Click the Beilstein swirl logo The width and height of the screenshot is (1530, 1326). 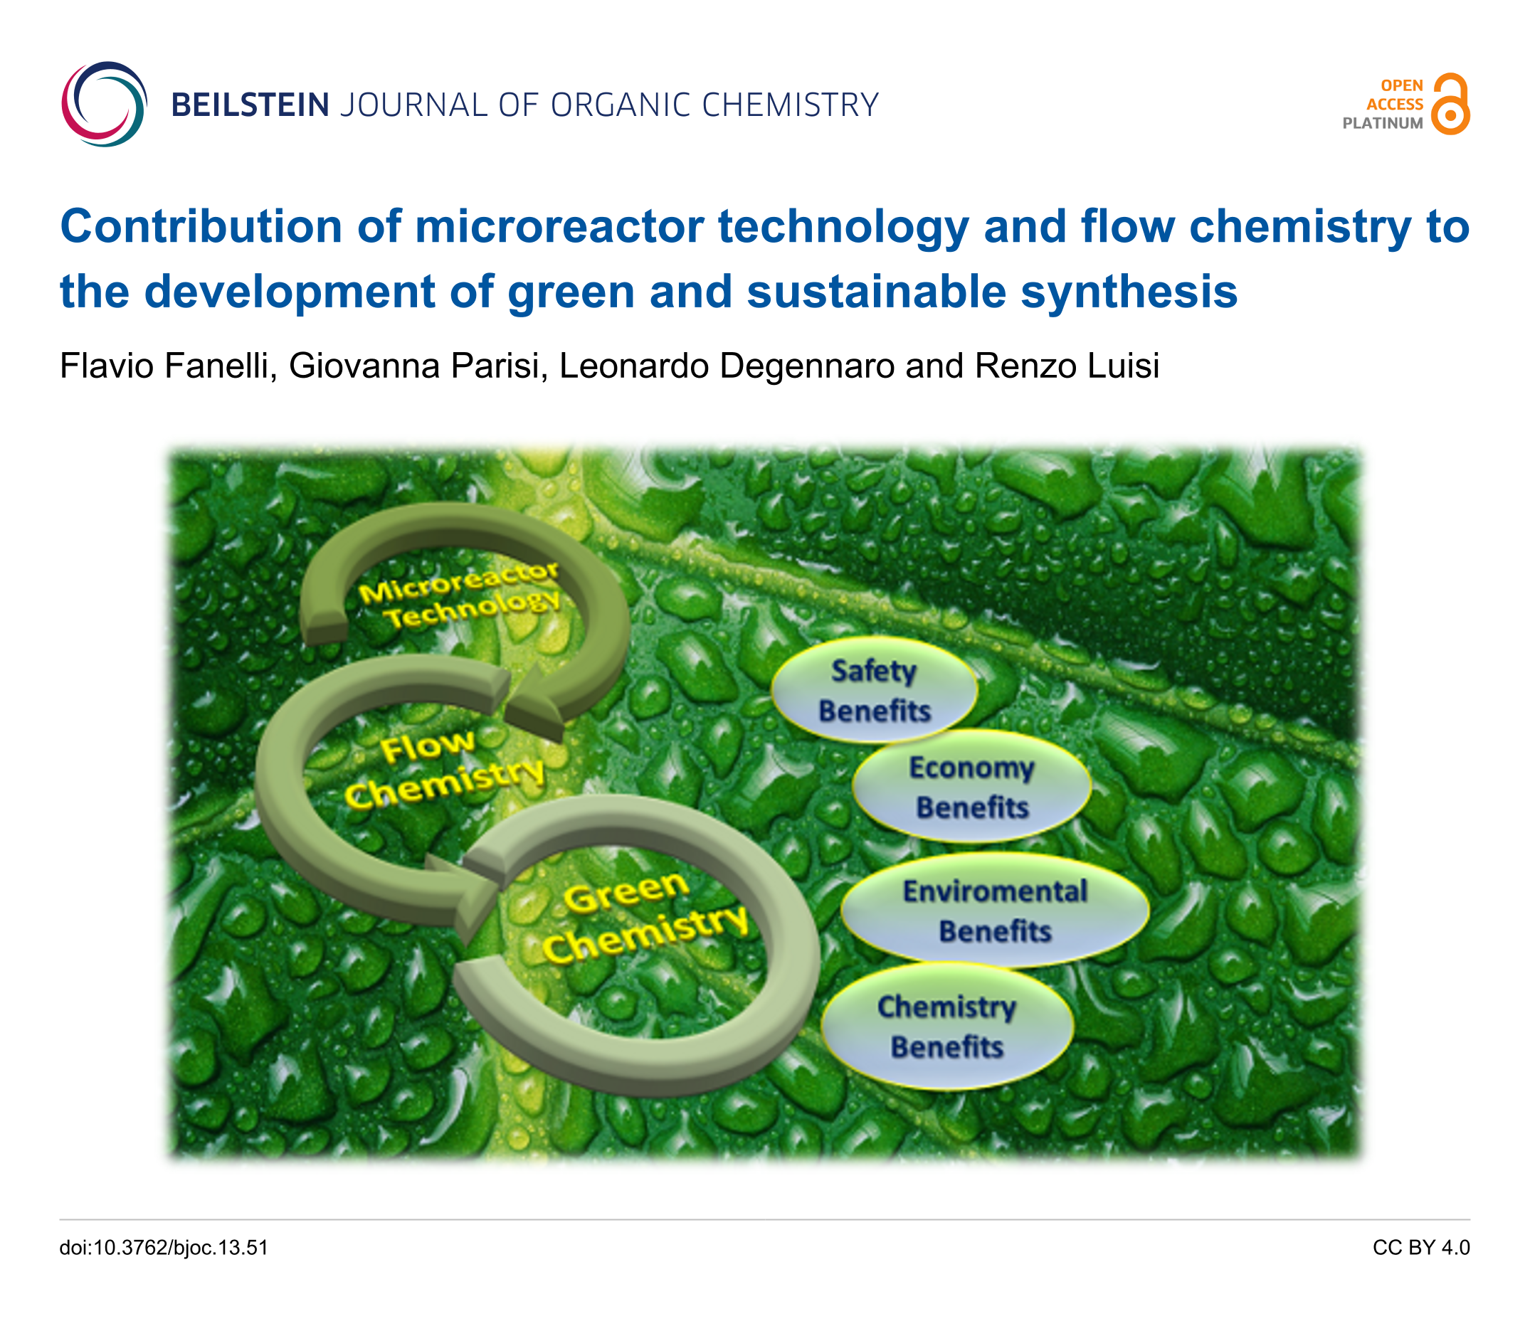point(105,105)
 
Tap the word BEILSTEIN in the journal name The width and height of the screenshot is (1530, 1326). point(250,105)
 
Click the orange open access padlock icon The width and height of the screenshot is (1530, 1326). point(1450,104)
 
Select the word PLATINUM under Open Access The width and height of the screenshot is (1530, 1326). point(1383,124)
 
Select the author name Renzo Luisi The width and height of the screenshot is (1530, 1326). point(1067,366)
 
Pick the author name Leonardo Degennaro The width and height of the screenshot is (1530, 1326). point(726,366)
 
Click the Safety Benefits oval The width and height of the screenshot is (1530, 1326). point(874,689)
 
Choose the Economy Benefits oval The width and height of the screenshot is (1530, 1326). point(971,787)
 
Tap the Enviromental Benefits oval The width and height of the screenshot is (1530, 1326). point(995,910)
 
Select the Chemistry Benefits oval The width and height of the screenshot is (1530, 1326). point(946,1027)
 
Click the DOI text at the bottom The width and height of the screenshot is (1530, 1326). point(164,1248)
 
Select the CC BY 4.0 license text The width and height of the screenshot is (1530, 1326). point(1421,1248)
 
